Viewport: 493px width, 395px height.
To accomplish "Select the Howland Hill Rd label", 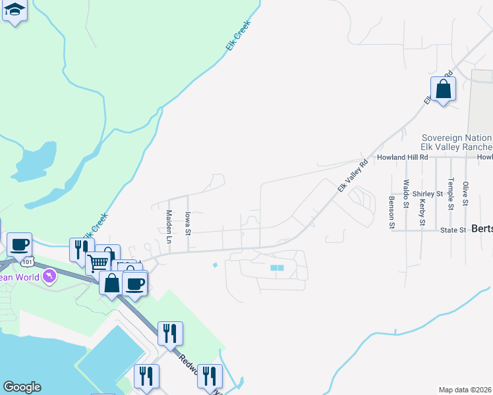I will pyautogui.click(x=402, y=158).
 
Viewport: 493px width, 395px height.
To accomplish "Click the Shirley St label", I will pyautogui.click(x=427, y=194).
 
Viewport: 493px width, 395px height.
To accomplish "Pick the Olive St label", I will pyautogui.click(x=465, y=193).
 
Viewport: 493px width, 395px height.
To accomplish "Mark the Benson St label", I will pyautogui.click(x=391, y=212).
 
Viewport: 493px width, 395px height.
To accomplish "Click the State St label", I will pyautogui.click(x=453, y=230).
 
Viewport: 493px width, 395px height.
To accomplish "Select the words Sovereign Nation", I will pyautogui.click(x=457, y=137).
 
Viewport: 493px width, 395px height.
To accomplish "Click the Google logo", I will pyautogui.click(x=22, y=387).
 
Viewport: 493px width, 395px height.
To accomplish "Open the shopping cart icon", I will pyautogui.click(x=98, y=263).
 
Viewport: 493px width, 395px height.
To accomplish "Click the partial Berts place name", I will pyautogui.click(x=481, y=230).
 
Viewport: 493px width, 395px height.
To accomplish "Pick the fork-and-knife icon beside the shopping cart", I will pyautogui.click(x=80, y=250).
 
